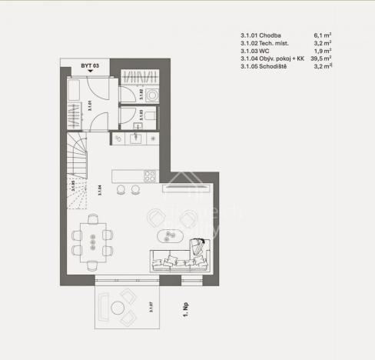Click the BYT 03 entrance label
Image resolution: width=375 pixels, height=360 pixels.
click(91, 67)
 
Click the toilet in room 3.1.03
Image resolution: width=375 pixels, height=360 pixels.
click(149, 115)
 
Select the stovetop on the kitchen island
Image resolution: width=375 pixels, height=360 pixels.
click(150, 175)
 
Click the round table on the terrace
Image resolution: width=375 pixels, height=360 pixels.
click(119, 309)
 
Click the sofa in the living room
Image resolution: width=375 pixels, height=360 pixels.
click(181, 260)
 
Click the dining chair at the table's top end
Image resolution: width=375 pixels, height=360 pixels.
click(93, 219)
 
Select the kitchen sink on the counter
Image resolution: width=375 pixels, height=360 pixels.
click(135, 138)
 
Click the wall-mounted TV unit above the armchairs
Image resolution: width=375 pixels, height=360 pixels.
click(189, 185)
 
